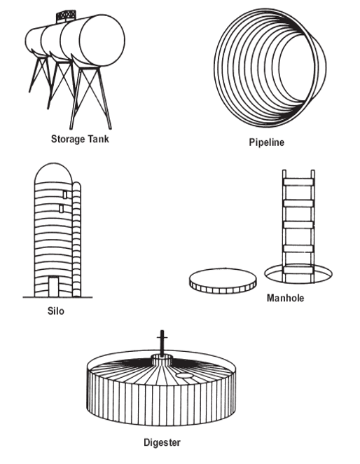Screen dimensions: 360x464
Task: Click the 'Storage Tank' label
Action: (80, 139)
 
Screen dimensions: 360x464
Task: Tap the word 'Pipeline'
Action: (267, 142)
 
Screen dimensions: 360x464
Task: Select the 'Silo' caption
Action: (55, 311)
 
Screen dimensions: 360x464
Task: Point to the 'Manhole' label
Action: (285, 298)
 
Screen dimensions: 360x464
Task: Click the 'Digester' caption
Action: (162, 442)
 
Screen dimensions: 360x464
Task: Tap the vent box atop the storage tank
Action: (66, 17)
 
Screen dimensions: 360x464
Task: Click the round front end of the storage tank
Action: (102, 41)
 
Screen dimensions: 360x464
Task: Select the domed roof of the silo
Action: (53, 172)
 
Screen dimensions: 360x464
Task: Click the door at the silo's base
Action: (53, 287)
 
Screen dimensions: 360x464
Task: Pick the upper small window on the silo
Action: (65, 194)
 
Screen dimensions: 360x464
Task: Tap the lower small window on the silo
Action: (61, 209)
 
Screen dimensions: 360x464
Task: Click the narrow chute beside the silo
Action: (76, 239)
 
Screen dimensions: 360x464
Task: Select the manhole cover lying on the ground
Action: (223, 281)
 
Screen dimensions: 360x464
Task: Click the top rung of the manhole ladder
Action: (298, 182)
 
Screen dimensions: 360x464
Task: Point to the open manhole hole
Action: (298, 274)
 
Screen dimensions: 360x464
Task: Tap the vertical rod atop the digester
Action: (162, 342)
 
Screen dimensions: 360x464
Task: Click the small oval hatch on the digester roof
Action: (184, 375)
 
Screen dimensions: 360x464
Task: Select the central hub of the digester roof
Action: (162, 360)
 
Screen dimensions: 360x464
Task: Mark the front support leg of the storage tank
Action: (91, 97)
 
